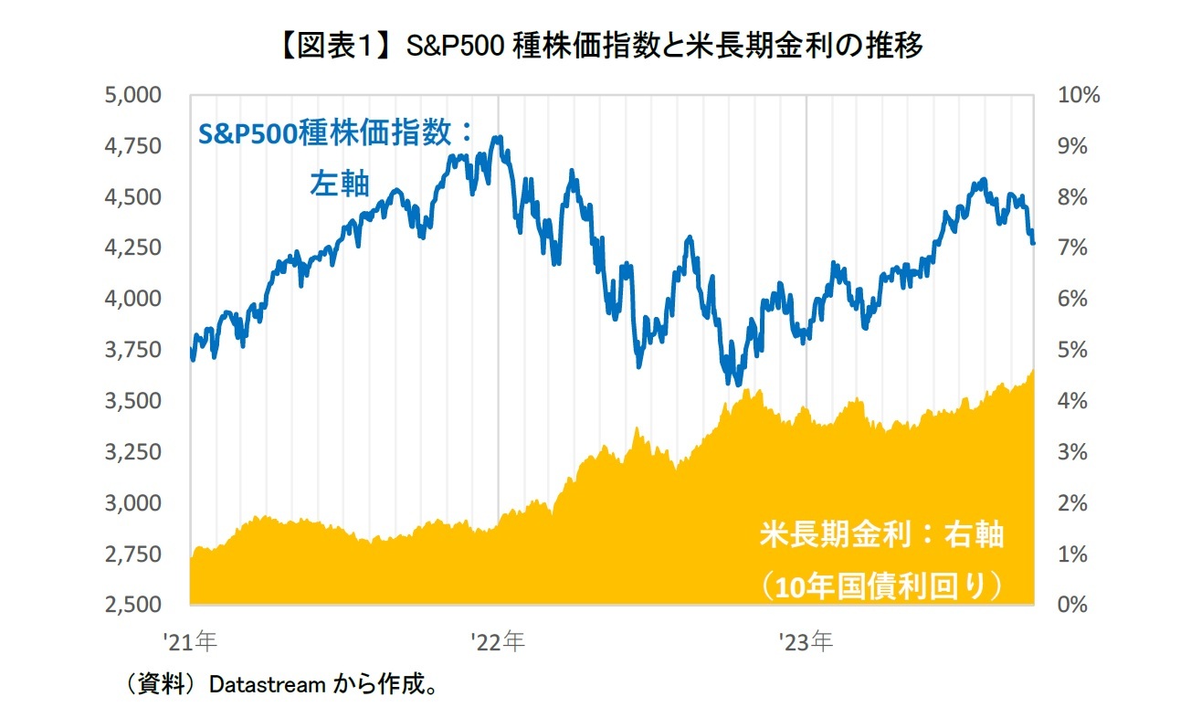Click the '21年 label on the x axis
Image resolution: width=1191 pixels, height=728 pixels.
[x=191, y=642]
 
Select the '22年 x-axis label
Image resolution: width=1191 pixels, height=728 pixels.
[x=499, y=642]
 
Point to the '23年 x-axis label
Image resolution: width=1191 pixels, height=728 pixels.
[x=806, y=642]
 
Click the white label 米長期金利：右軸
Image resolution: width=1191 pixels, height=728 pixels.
[x=881, y=535]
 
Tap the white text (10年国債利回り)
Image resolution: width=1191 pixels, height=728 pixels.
[x=882, y=586]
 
